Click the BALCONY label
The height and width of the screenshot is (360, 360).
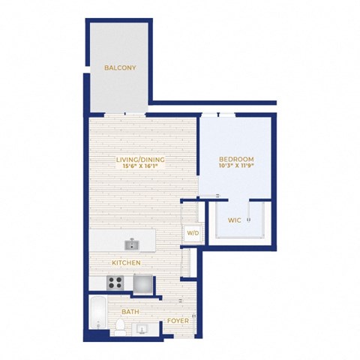[120, 67]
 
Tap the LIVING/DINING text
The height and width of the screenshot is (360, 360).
[140, 160]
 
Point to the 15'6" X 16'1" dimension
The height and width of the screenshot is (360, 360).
[140, 166]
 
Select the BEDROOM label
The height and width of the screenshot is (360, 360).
[236, 159]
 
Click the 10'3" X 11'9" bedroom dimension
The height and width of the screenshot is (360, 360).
[236, 165]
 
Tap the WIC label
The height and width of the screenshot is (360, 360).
[235, 220]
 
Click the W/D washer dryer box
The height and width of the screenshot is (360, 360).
[193, 233]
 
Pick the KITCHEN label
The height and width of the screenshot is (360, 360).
[126, 262]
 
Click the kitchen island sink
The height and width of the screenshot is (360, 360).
[132, 244]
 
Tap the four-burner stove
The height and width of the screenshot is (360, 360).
[115, 283]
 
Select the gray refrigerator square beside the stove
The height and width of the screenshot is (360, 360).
[143, 283]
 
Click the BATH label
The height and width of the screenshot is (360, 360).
[130, 312]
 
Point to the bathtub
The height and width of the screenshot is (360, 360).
[98, 313]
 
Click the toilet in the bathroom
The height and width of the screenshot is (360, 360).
[121, 328]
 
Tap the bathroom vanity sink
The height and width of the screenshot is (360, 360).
[142, 329]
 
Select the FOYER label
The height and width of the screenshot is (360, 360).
[178, 321]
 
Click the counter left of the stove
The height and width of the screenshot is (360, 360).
[98, 283]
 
